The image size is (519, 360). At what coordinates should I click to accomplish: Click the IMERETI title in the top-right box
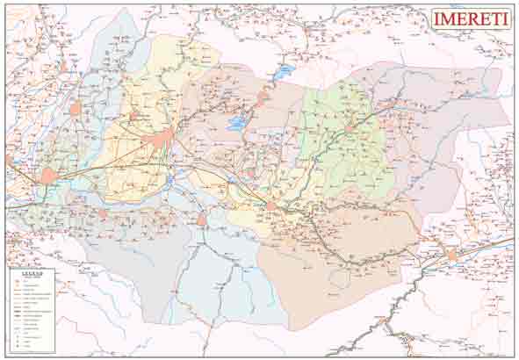click(470, 19)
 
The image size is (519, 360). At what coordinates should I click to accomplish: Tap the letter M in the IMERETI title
click(449, 19)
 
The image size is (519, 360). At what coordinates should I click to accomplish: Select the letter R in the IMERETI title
click(472, 19)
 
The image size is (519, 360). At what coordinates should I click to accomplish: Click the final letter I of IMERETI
click(505, 19)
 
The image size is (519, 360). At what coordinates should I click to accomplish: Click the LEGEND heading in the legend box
click(32, 274)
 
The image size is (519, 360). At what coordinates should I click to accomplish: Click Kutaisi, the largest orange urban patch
click(164, 139)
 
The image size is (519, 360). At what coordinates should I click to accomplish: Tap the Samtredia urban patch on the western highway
click(48, 176)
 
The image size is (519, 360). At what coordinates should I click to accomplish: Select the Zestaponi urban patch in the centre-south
click(271, 207)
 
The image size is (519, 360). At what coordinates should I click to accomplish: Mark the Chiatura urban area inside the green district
click(350, 127)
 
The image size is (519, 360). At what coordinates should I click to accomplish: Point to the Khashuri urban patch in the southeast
click(452, 255)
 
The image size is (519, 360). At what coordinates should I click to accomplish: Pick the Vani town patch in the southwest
click(103, 213)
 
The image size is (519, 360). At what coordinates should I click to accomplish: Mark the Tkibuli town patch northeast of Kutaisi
click(261, 99)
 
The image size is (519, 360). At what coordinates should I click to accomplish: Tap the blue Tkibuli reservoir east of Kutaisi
click(236, 125)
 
